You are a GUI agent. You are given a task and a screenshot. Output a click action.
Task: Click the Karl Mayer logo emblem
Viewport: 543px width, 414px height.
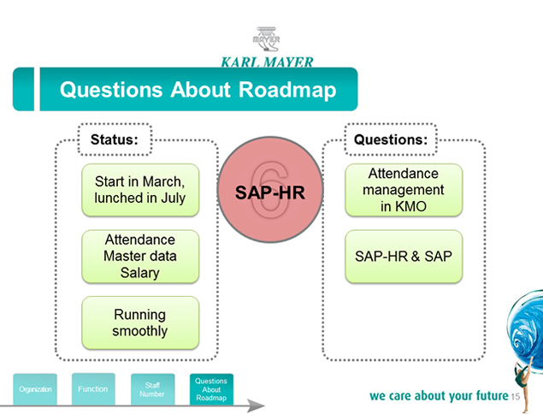266,39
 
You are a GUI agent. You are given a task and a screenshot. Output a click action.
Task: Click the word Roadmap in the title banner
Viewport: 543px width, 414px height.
287,89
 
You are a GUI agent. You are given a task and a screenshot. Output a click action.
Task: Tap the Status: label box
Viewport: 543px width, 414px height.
115,139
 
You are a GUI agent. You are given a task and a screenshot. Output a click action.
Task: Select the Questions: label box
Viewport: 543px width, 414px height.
391,139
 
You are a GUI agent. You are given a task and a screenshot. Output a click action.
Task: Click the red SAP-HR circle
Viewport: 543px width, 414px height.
270,190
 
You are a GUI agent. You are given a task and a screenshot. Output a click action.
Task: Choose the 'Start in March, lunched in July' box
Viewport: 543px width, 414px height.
140,190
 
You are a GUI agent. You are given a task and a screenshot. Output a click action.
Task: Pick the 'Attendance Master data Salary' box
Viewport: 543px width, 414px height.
140,257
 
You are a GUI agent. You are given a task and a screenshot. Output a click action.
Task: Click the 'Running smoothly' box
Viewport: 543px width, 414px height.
140,322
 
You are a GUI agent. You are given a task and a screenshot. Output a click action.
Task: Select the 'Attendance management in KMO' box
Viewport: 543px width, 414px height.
404,190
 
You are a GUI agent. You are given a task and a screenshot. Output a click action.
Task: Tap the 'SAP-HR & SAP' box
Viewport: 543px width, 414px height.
404,257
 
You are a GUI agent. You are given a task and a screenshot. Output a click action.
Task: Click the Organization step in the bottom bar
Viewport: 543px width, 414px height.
35,389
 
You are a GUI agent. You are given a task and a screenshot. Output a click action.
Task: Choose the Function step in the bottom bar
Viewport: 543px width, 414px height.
93,389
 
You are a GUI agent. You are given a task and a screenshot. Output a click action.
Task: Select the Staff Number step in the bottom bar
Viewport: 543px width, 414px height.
152,389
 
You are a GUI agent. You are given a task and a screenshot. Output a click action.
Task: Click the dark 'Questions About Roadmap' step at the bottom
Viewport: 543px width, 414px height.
211,389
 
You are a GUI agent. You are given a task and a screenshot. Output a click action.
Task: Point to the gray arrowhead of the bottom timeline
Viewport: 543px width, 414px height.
256,405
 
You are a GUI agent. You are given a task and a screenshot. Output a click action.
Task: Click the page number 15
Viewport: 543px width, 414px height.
516,396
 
